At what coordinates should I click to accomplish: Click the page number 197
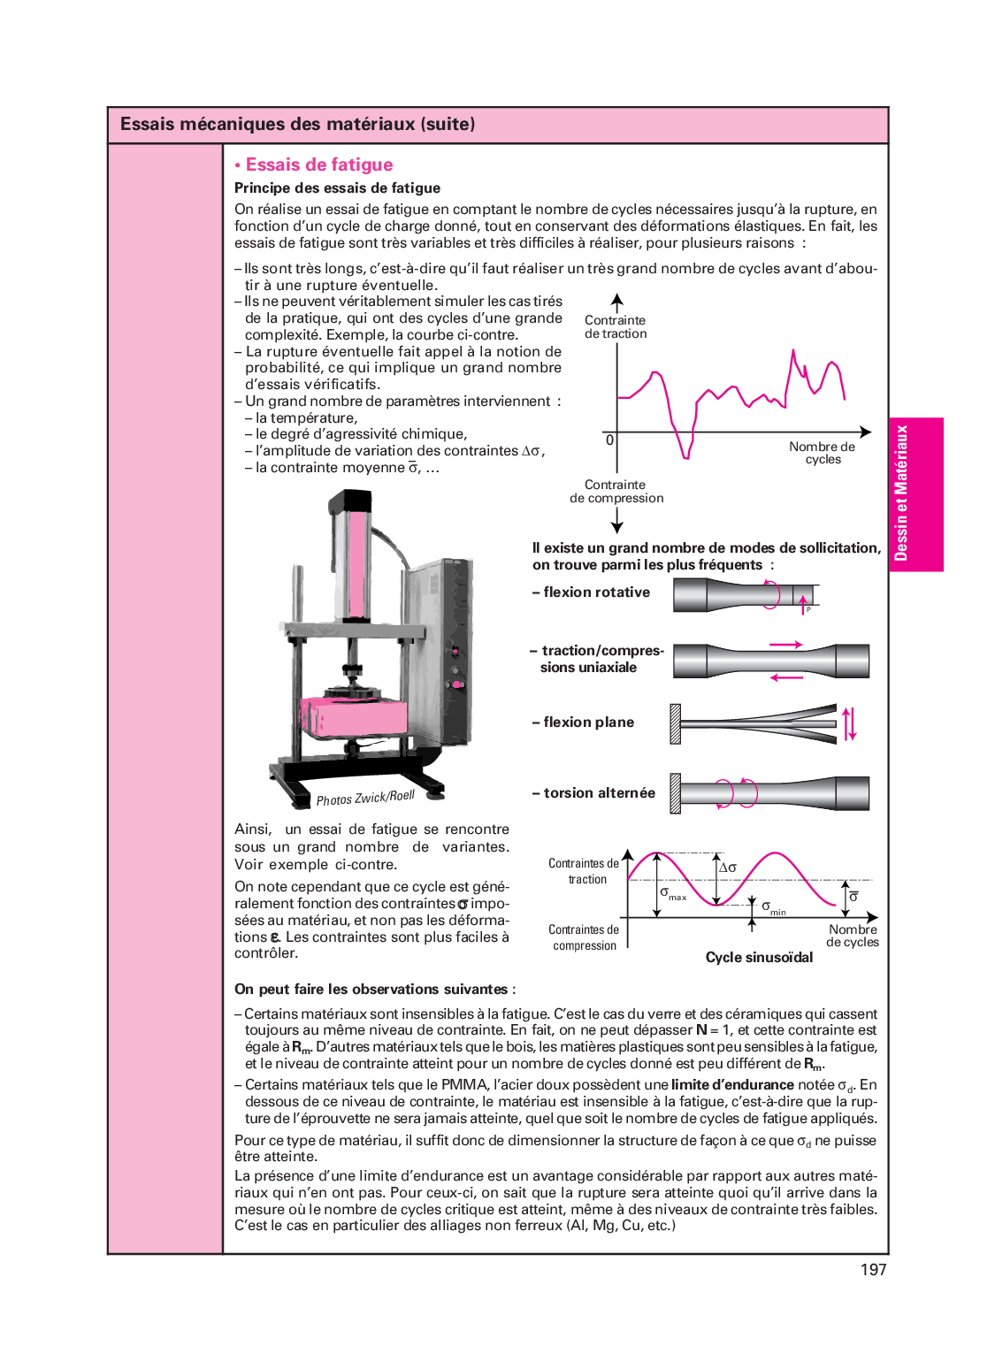873,1270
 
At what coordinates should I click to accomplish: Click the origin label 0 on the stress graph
609,440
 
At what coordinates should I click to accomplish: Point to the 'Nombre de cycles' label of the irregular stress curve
823,453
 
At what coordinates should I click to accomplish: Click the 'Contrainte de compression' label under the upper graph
616,492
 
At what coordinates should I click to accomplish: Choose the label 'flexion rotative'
596,593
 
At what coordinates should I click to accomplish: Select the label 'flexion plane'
588,723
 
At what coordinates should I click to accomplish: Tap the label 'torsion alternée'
599,793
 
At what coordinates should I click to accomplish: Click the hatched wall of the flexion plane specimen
676,723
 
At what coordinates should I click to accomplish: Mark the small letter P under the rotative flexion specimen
808,609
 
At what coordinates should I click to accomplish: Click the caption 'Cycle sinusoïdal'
759,958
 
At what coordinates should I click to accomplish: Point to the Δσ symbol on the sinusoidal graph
728,868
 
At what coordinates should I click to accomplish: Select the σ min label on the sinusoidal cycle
773,908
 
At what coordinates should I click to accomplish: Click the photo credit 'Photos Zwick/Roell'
365,798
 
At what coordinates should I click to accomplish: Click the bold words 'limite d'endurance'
732,1085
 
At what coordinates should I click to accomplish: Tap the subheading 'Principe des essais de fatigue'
337,188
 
